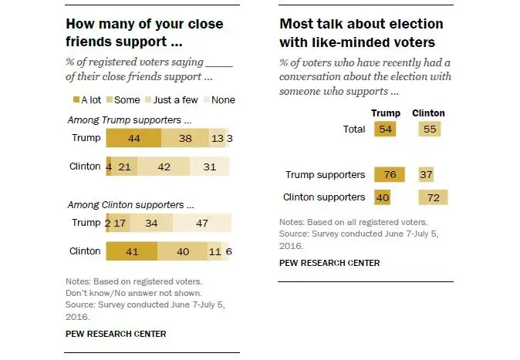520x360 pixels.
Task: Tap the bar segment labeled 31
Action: coord(209,167)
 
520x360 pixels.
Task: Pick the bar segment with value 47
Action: coord(201,223)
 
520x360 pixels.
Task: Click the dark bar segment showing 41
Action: coord(131,251)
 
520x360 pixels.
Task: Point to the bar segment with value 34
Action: coord(151,223)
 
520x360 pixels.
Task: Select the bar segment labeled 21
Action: coord(122,167)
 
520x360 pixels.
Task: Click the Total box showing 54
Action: coord(386,130)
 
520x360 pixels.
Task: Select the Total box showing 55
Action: coord(431,130)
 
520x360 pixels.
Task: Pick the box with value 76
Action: coord(390,175)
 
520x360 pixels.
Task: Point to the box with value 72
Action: coord(433,197)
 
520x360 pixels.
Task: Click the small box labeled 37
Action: coord(427,175)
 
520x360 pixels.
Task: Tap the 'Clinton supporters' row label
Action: coord(324,197)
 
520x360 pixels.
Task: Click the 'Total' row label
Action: coord(353,130)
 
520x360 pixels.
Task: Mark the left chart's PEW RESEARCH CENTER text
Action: coord(116,334)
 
